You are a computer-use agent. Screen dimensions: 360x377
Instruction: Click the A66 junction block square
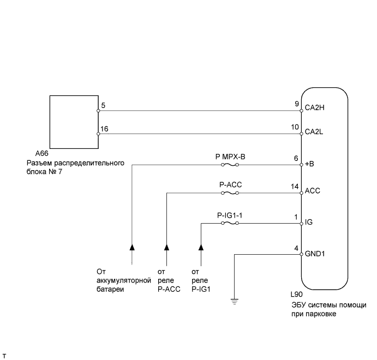click(x=74, y=121)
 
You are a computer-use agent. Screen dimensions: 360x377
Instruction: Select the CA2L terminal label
click(x=315, y=131)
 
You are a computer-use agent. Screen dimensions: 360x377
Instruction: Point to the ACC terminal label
click(x=312, y=191)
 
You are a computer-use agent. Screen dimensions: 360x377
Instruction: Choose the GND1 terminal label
click(x=315, y=254)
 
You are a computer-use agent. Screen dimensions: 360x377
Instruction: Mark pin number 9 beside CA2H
click(x=296, y=103)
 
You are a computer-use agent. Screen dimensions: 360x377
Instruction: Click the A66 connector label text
click(x=56, y=155)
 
